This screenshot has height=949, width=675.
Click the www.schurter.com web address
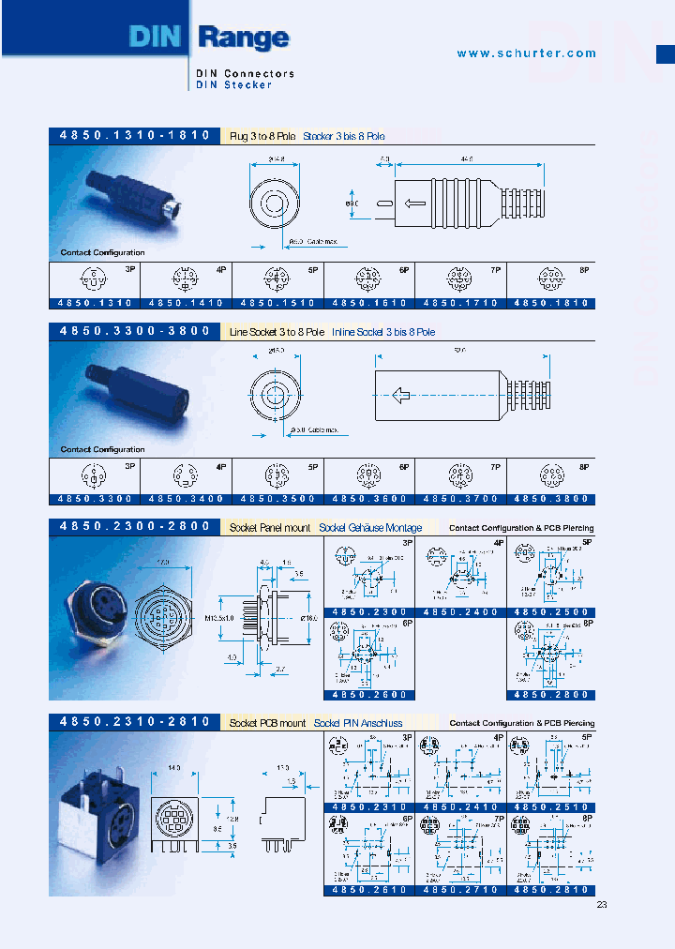(x=526, y=53)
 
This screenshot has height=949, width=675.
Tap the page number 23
(x=602, y=905)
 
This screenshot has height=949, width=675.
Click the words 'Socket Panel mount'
(x=270, y=528)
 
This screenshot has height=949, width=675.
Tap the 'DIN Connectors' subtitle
(x=245, y=73)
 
